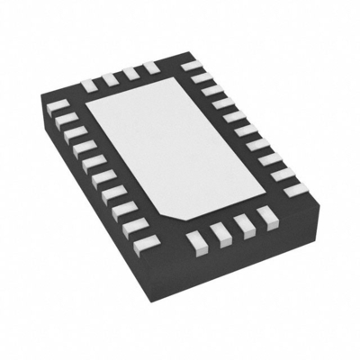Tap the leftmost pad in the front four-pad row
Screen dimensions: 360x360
(197, 239)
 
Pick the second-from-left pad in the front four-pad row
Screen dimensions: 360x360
(220, 231)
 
